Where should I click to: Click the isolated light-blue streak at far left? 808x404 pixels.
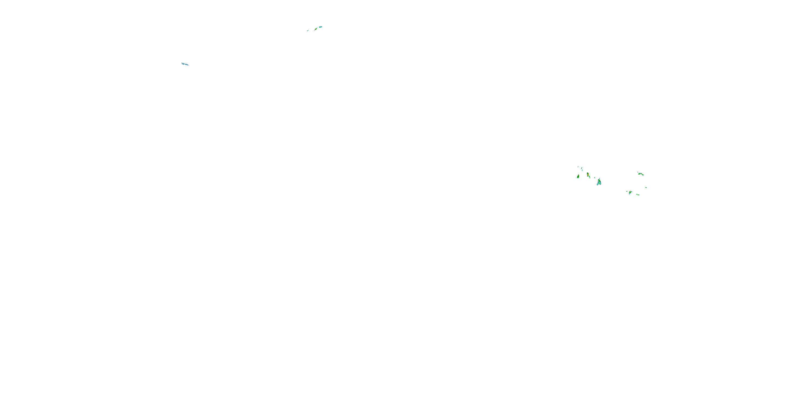pyautogui.click(x=185, y=64)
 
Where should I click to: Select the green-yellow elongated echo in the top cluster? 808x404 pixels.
pyautogui.click(x=316, y=29)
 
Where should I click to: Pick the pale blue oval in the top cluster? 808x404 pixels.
pyautogui.click(x=321, y=27)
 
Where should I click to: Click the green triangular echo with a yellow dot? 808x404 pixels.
pyautogui.click(x=578, y=177)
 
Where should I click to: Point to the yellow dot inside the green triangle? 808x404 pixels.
pyautogui.click(x=579, y=176)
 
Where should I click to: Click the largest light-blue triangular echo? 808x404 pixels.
pyautogui.click(x=599, y=183)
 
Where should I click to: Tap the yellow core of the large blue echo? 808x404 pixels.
pyautogui.click(x=599, y=181)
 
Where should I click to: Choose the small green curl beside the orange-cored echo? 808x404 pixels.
pyautogui.click(x=590, y=177)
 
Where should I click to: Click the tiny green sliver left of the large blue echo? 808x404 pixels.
pyautogui.click(x=595, y=178)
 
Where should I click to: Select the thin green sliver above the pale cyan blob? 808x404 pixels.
pyautogui.click(x=582, y=168)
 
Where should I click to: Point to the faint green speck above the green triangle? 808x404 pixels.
pyautogui.click(x=578, y=166)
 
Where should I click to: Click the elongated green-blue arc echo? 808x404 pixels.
pyautogui.click(x=641, y=174)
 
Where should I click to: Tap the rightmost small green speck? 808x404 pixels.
pyautogui.click(x=646, y=188)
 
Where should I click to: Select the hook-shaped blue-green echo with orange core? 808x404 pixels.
pyautogui.click(x=630, y=192)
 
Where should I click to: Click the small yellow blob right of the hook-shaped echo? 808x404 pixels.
pyautogui.click(x=638, y=195)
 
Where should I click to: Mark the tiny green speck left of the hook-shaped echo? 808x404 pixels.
pyautogui.click(x=627, y=192)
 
